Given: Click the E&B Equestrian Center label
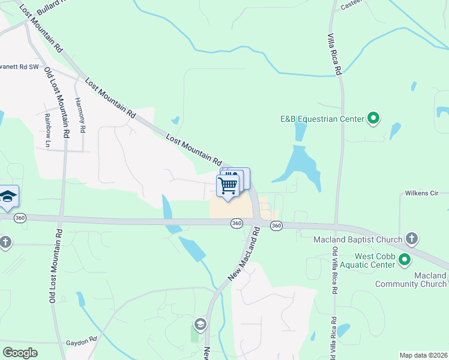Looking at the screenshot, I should pos(322,119).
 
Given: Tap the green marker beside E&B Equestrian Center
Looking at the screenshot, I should pos(373,118).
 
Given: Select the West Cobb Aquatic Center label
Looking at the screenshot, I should pos(357,259).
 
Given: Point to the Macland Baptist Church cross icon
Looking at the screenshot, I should pos(412,239).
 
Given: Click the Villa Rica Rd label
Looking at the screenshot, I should pos(338,53).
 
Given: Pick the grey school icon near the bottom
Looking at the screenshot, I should pos(200,325).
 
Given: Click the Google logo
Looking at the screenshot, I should pos(20,353).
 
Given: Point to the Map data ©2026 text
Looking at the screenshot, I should pos(424,355).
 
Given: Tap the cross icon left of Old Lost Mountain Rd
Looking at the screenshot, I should pos(5,242).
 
